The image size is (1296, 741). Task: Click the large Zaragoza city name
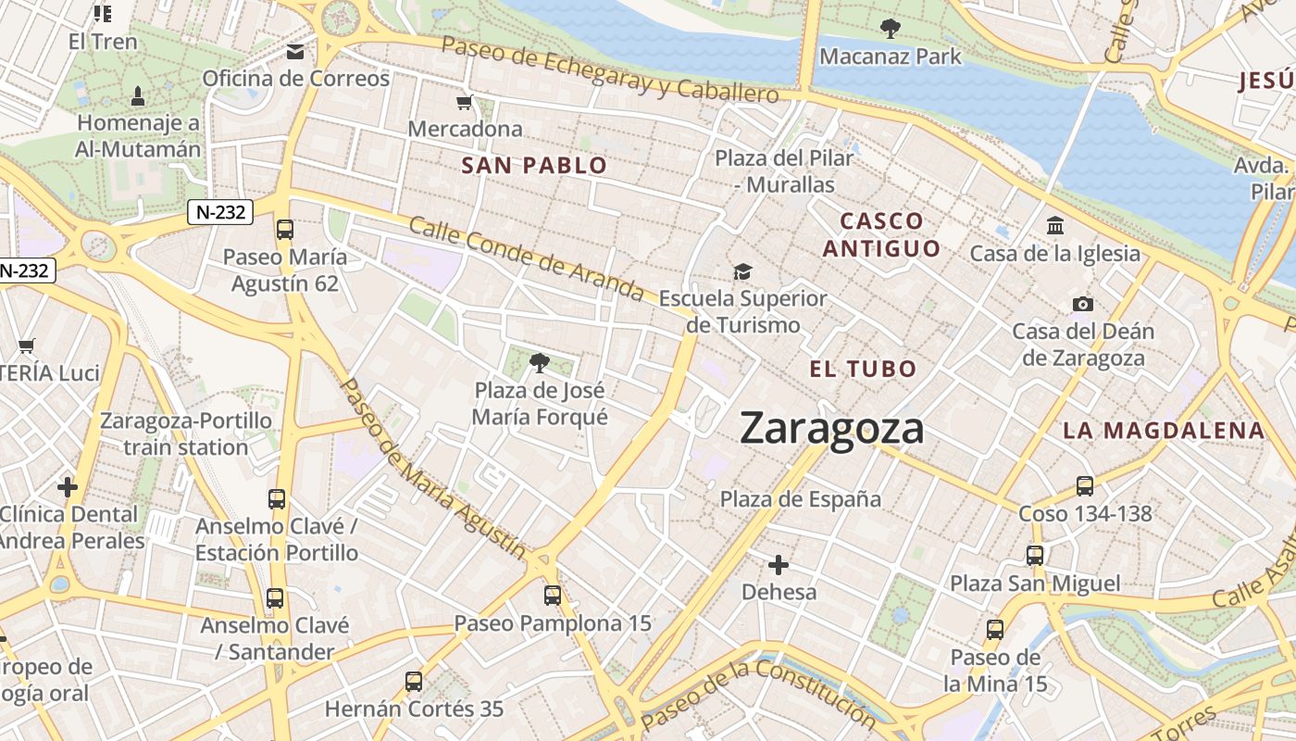831,429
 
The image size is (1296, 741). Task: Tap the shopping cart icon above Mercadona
465,102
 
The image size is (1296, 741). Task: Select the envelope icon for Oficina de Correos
295,52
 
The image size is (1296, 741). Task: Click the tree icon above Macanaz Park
890,29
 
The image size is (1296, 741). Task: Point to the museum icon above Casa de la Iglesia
1054,226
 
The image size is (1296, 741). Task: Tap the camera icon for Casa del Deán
1082,304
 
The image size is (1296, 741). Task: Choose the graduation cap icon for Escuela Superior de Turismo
742,271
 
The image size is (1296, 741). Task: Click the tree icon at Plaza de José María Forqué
539,362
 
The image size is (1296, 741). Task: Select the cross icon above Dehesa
779,564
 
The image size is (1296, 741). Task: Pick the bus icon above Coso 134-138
1084,486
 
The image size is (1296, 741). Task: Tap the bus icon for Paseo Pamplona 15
553,596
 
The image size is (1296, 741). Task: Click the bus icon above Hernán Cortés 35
414,682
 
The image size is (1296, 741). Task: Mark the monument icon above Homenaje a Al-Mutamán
138,95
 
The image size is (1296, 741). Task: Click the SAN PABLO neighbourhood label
534,166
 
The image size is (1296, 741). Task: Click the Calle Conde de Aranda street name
526,259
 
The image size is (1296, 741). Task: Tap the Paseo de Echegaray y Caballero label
610,69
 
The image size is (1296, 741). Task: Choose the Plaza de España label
801,499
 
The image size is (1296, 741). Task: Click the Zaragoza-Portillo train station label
186,433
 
